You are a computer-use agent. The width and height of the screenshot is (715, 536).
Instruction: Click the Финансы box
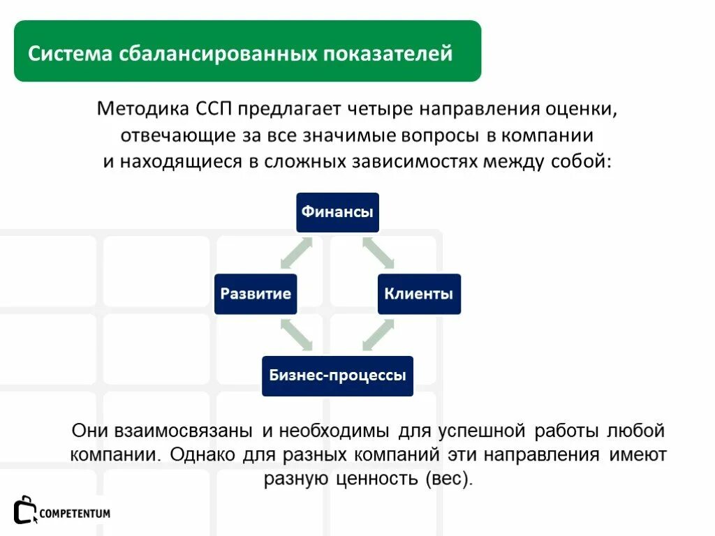337,212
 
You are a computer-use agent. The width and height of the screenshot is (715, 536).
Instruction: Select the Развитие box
256,294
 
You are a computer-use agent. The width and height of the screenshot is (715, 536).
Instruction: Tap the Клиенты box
419,294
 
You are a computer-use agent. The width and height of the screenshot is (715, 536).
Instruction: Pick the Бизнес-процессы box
337,375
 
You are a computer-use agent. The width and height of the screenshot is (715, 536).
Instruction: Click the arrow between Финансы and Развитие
296,253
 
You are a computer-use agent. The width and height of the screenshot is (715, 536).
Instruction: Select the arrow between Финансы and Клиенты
378,253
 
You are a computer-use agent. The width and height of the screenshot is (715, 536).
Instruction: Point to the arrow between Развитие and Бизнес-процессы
296,334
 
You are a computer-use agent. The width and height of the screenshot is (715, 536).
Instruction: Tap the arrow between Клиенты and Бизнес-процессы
378,334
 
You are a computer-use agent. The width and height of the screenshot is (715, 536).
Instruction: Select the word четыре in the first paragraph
383,110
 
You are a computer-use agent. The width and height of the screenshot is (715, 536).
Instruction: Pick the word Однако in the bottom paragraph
202,455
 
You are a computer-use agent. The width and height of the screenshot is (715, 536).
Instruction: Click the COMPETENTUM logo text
75,514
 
